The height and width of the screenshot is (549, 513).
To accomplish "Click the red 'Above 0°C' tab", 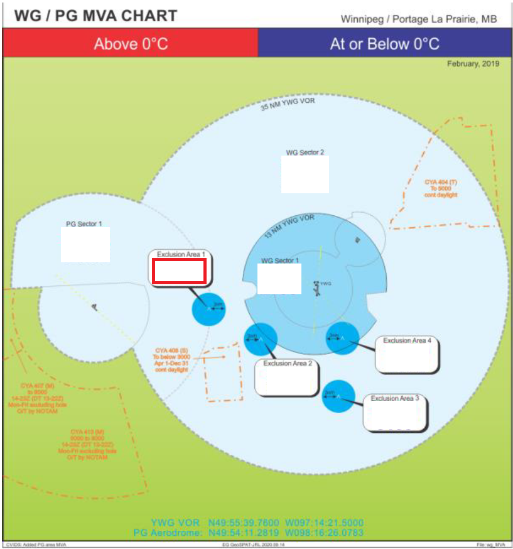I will (x=131, y=44).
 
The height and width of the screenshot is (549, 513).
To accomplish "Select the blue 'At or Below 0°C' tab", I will (x=384, y=44).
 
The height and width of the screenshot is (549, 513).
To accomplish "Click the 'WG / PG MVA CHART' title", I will (x=96, y=16).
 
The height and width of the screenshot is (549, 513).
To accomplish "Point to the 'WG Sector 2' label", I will (x=305, y=152).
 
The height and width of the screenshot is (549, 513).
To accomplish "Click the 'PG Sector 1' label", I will (x=84, y=223).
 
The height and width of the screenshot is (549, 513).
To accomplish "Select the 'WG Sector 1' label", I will (x=280, y=260).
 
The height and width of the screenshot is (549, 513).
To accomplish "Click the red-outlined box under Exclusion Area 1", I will (x=178, y=271).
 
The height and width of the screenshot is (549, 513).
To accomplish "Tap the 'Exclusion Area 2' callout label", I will (x=287, y=363).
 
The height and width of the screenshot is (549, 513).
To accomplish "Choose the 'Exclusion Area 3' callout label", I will (x=394, y=398).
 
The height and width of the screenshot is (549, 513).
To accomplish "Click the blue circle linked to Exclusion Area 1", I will (x=208, y=308).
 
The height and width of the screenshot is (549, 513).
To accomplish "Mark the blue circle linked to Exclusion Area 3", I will (x=338, y=396).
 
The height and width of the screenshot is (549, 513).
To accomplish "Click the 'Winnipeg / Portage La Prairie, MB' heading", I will (x=418, y=19).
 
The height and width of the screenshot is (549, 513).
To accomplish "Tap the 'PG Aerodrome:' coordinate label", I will (x=166, y=533).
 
